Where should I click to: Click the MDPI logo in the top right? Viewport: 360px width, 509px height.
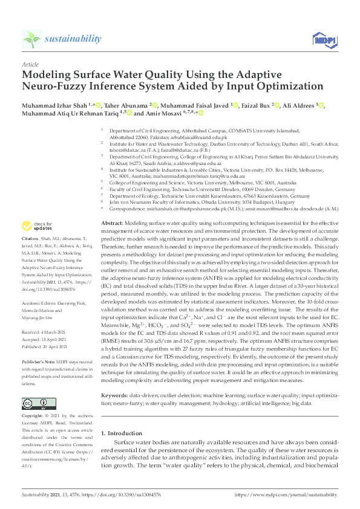324,40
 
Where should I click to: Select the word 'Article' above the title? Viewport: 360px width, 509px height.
30,64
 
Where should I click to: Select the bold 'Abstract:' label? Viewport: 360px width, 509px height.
112,223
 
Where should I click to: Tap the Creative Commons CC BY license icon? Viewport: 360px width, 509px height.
31,403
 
